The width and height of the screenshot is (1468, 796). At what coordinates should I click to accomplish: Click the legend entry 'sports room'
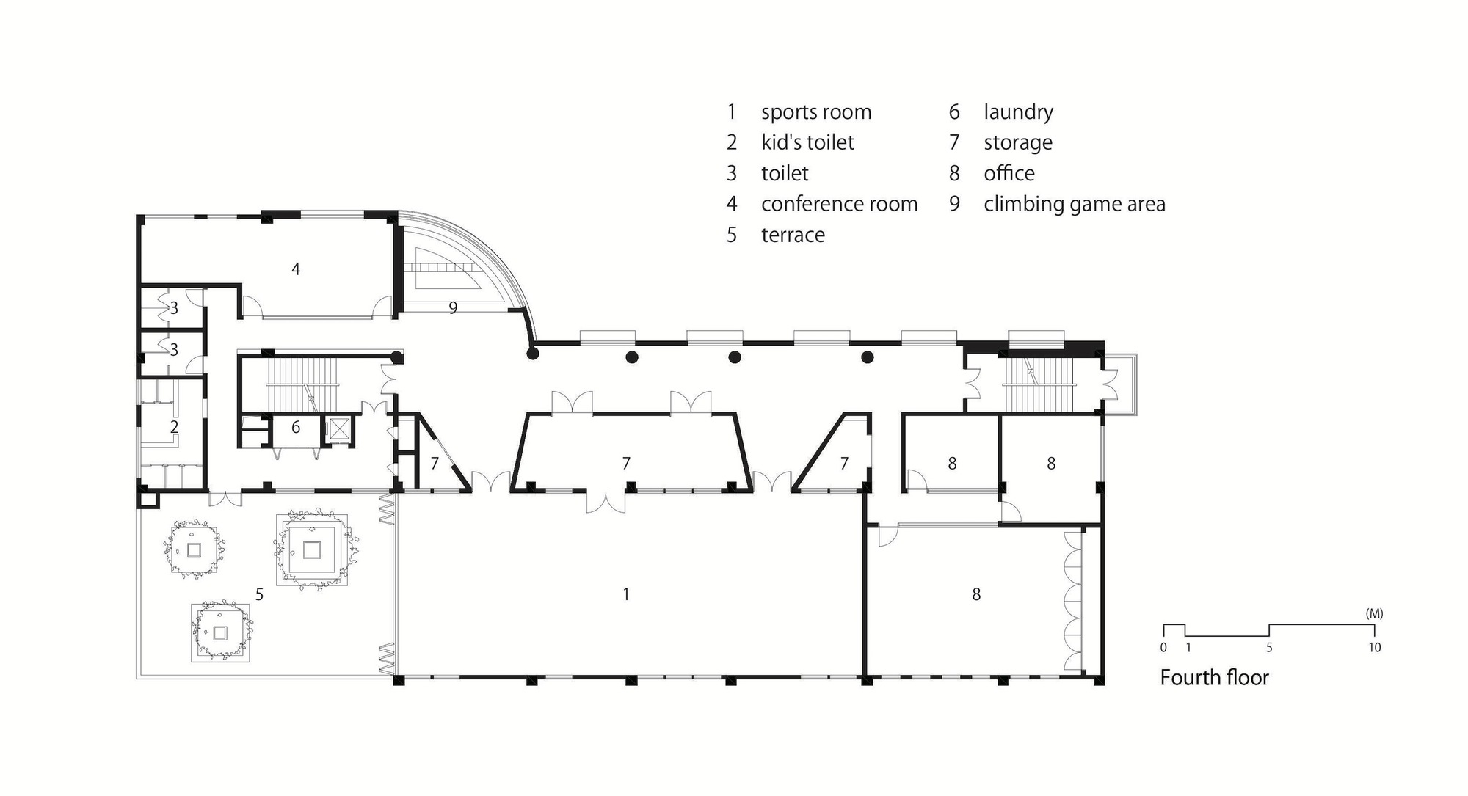click(x=815, y=112)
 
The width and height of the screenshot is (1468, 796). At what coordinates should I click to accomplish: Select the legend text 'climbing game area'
click(x=1074, y=204)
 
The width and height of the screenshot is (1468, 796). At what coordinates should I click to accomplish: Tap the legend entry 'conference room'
click(x=839, y=204)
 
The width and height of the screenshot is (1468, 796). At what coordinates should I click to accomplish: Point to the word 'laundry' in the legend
click(x=1018, y=112)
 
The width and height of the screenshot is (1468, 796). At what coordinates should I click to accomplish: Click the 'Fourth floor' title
click(x=1214, y=677)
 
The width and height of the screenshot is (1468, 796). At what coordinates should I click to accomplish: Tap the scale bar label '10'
click(x=1374, y=648)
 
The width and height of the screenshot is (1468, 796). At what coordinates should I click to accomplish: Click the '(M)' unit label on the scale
click(x=1374, y=613)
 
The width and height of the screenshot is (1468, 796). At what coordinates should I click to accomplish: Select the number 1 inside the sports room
click(x=625, y=594)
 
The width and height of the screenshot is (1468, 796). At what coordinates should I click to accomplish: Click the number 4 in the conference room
click(x=296, y=269)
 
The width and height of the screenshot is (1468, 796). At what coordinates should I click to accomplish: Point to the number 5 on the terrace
click(x=259, y=594)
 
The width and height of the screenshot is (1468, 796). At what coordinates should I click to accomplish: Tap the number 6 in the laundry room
click(x=296, y=427)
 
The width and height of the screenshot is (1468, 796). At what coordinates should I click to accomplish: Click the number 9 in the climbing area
click(x=453, y=308)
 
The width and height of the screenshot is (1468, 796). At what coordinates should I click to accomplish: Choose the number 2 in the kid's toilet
click(x=174, y=427)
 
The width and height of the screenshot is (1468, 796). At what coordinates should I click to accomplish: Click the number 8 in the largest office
click(x=975, y=594)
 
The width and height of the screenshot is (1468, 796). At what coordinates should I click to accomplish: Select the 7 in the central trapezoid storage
click(x=625, y=464)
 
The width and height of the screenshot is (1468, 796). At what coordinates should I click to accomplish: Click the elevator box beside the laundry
click(x=339, y=429)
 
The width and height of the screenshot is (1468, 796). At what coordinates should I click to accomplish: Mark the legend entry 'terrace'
click(x=793, y=235)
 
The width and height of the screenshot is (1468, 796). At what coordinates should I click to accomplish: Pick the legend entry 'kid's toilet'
click(x=807, y=142)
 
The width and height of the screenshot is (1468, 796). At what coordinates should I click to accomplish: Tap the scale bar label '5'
click(x=1269, y=648)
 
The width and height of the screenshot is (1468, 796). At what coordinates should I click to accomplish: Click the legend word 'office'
click(x=1009, y=173)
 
